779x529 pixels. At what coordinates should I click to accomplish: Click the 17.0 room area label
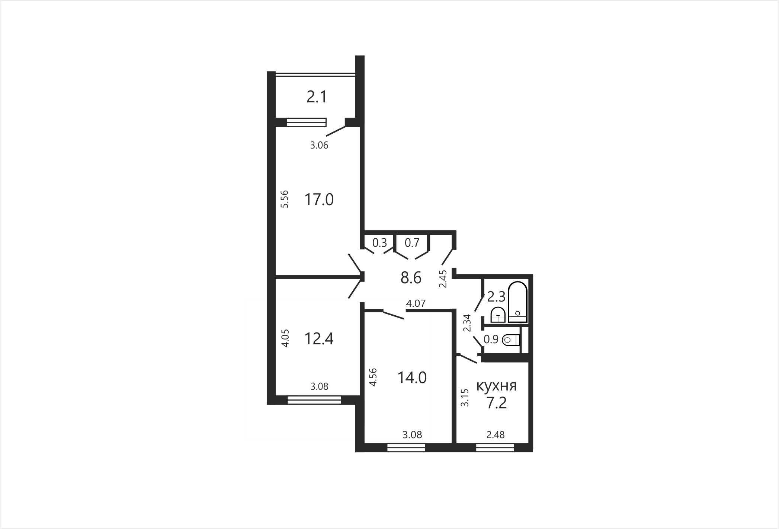[x=319, y=200]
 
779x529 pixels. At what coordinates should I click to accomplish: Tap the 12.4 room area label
[x=319, y=339]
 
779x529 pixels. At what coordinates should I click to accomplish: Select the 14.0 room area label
[x=412, y=377]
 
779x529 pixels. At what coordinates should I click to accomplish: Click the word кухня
[x=497, y=386]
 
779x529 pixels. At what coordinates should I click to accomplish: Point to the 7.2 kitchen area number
[x=497, y=403]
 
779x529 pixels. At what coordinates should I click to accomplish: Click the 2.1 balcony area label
[x=317, y=97]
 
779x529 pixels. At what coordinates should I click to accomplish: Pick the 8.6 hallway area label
[x=411, y=278]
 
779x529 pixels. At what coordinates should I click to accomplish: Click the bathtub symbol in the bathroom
[x=517, y=302]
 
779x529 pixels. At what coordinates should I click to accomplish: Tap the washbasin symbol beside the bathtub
[x=497, y=315]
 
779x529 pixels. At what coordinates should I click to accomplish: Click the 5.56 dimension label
[x=285, y=199]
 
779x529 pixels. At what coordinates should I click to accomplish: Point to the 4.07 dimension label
[x=416, y=303]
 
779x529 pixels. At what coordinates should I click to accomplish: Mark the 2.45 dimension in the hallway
[x=443, y=279]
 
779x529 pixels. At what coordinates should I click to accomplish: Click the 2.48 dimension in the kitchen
[x=496, y=434]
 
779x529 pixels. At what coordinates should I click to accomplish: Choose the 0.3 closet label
[x=380, y=243]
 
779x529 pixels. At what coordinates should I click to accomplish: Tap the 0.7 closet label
[x=412, y=243]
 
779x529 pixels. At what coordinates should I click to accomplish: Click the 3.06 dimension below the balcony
[x=319, y=145]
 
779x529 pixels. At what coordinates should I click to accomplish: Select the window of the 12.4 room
[x=314, y=400]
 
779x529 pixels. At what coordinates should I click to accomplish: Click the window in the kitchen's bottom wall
[x=495, y=447]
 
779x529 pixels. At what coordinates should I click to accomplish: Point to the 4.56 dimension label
[x=373, y=377]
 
